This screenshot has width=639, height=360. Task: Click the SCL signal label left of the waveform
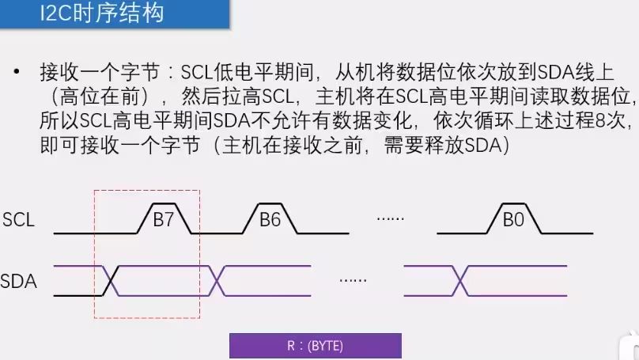[x=19, y=220]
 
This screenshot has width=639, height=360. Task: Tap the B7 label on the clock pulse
[x=163, y=221]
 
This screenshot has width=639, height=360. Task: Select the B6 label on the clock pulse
[x=270, y=221]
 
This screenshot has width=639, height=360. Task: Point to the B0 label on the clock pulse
[x=513, y=221]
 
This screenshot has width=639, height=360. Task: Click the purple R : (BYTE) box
[x=315, y=346]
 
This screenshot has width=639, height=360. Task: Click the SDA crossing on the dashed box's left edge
[x=111, y=279]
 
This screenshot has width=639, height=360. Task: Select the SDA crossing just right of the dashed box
[x=217, y=279]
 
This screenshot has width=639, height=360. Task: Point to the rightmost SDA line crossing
[x=459, y=279]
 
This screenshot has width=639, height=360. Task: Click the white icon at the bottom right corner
[x=628, y=349]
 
